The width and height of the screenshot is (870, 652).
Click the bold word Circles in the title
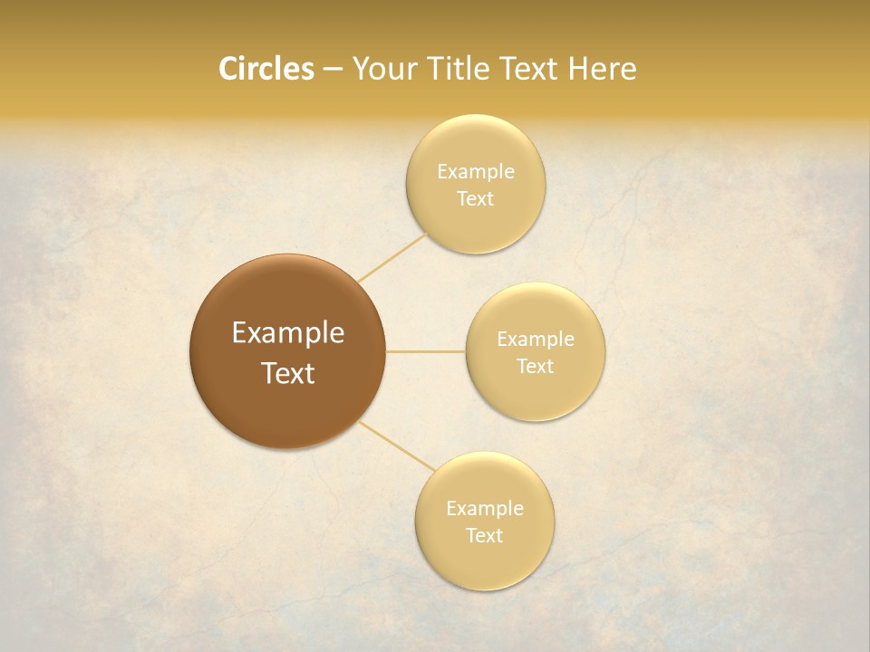(x=266, y=69)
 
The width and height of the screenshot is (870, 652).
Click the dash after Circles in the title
(x=333, y=70)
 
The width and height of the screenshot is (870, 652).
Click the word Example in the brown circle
(x=287, y=333)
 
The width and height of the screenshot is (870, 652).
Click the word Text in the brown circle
(x=287, y=373)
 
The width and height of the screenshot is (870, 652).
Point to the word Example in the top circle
(x=475, y=171)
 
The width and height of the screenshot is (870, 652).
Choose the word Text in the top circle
(x=475, y=198)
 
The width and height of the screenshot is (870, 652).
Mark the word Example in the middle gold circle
(x=535, y=339)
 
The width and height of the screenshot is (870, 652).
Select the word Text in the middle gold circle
(x=535, y=366)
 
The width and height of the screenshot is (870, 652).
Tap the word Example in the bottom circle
(x=484, y=508)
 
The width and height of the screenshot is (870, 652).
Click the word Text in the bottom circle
(x=484, y=535)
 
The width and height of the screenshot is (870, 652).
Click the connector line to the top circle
(x=391, y=257)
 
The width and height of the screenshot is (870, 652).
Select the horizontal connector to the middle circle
(x=425, y=351)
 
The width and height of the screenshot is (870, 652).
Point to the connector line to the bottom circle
(x=396, y=445)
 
